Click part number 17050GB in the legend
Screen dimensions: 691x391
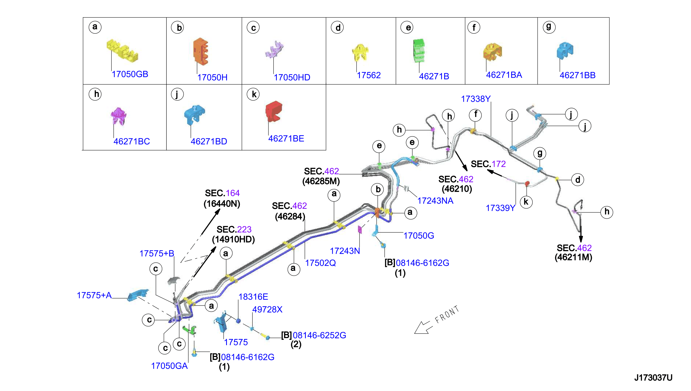[x=130, y=74]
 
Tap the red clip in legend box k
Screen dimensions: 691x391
[x=274, y=111]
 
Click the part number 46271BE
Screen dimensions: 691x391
[x=286, y=139]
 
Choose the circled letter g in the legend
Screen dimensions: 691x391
[x=549, y=27]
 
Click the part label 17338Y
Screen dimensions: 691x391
[x=476, y=99]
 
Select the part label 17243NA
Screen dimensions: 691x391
[x=435, y=201]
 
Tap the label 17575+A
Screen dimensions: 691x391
[x=94, y=295]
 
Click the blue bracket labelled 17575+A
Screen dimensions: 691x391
[x=138, y=295]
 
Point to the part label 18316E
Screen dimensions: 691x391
[x=253, y=297]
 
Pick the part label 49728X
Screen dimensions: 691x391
[x=267, y=310]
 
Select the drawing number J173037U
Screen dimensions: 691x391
[x=653, y=378]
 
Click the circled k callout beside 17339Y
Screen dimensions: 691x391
[x=526, y=202]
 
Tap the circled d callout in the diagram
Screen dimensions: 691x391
[x=578, y=180]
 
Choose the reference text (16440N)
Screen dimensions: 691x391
[x=222, y=204]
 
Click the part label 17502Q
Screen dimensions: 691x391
[x=320, y=263]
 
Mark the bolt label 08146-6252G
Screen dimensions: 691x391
[x=320, y=335]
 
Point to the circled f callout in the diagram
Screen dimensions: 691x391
[x=475, y=115]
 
